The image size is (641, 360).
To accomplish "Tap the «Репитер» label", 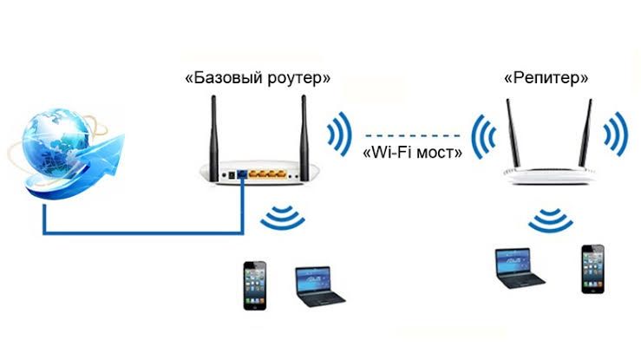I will (546, 78).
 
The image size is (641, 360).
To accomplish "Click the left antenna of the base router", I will (214, 130).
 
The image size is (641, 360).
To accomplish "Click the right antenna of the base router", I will (304, 130).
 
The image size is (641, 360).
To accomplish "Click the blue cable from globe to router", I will (139, 232).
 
